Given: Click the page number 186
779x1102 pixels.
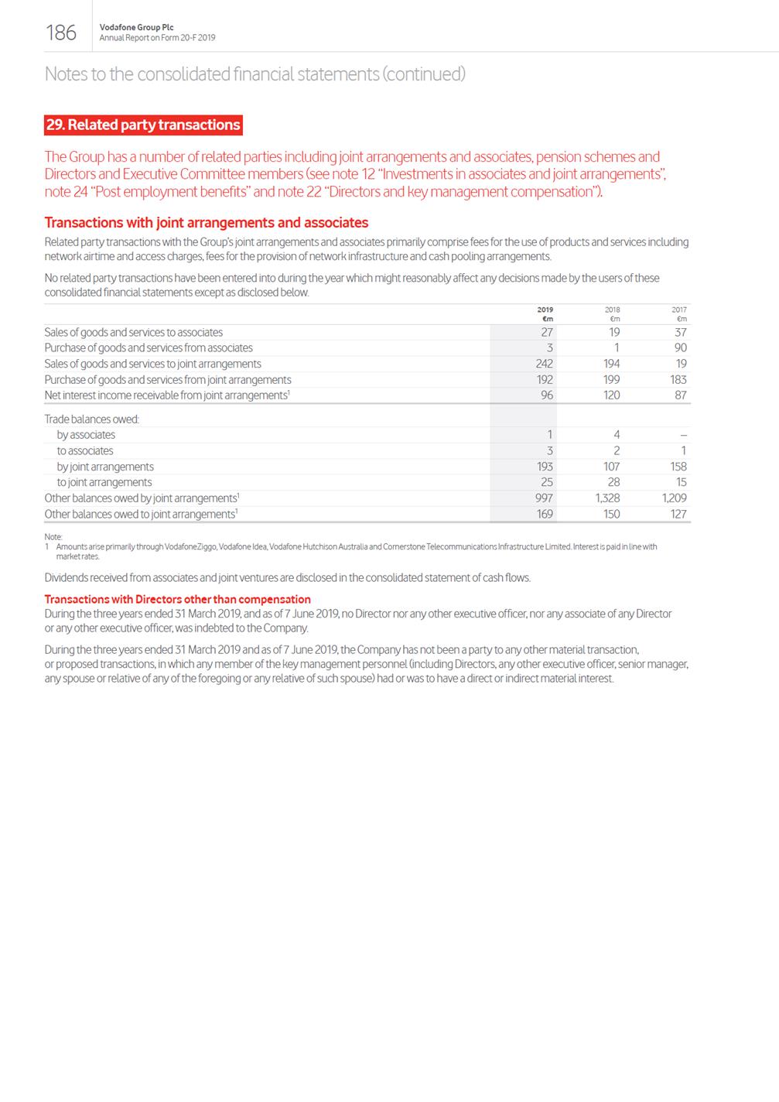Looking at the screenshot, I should pos(61,33).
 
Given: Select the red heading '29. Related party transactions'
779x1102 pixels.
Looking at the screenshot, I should pos(143,125).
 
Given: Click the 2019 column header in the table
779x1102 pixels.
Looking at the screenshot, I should pos(545,313).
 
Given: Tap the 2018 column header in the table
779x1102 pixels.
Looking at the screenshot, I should pos(613,313).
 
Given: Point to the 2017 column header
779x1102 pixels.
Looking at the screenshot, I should pos(679,313).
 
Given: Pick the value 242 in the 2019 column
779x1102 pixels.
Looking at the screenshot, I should pos(544,364).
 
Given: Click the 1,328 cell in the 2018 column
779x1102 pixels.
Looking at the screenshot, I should pos(608,498).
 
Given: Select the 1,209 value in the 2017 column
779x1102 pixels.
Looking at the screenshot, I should pos(674,498).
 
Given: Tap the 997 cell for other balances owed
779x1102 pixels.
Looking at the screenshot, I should pos(544,498).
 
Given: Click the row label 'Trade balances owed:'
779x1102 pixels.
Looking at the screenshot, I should pos(91,419).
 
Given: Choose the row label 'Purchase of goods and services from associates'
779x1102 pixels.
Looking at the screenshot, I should pos(149,348).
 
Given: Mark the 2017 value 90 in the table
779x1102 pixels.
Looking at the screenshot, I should pos(680,348).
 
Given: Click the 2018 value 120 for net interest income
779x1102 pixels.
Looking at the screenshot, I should pos(611,395).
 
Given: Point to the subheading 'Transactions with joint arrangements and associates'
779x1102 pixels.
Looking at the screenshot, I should pos(206,223).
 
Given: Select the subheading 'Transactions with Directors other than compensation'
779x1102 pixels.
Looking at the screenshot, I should pos(177,600).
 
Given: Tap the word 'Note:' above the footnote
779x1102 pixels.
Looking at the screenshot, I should pos(53,537).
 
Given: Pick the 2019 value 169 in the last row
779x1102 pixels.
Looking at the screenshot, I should pos(544,514).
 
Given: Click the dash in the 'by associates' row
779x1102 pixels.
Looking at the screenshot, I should pos(683,435).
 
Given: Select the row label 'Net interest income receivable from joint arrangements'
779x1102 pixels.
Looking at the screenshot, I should pos(166,395).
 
